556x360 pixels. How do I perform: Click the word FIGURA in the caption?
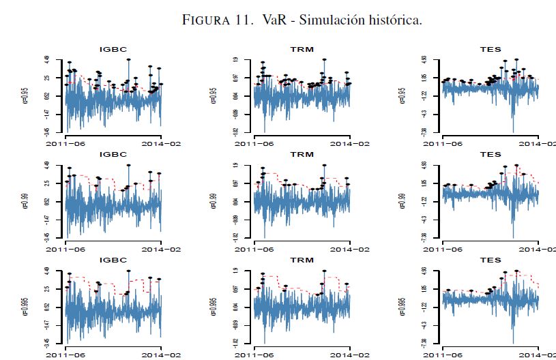[x=208, y=20]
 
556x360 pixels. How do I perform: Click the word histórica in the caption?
[x=396, y=20]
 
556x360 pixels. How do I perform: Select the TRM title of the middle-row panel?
[x=302, y=155]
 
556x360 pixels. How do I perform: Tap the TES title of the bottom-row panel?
[x=491, y=260]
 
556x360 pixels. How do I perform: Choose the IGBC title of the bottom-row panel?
[x=113, y=260]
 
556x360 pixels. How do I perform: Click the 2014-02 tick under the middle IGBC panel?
[x=162, y=249]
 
